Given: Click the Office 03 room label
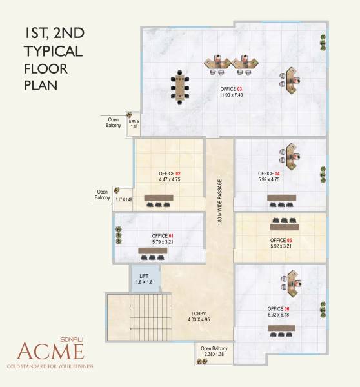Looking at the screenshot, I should click(231, 89).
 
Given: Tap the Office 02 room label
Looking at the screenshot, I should click(169, 174).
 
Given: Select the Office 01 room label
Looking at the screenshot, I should click(162, 236).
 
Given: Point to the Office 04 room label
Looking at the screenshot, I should click(268, 174).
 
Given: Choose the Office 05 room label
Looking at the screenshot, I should click(281, 240).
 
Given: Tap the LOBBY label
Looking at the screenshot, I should click(199, 313).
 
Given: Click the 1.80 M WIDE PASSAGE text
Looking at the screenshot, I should click(220, 202).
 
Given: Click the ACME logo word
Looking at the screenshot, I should click(50, 352).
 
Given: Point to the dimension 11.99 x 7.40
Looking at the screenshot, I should click(231, 95).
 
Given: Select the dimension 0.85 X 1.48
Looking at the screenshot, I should click(134, 124).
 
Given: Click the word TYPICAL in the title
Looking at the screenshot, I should click(52, 51).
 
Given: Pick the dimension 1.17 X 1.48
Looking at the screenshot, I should click(123, 199).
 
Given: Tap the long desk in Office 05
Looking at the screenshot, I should click(289, 228).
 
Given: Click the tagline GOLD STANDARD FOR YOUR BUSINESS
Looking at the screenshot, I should click(50, 366).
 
